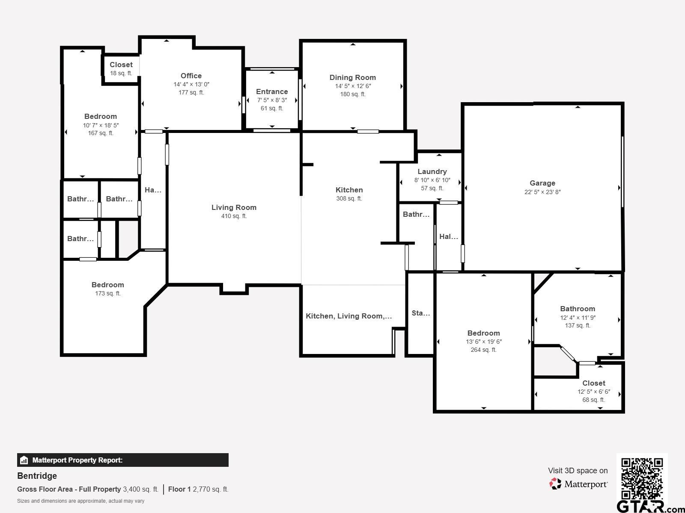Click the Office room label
(191, 76)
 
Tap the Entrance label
(272, 91)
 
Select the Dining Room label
(353, 77)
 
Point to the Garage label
(542, 183)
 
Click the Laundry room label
(432, 171)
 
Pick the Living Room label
(234, 207)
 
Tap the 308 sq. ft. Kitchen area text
(349, 198)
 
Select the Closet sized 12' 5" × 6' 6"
(593, 383)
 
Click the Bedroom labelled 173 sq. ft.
(107, 285)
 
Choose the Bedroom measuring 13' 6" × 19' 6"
(483, 333)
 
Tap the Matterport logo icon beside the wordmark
(555, 484)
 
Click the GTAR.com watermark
(650, 507)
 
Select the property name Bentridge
(37, 476)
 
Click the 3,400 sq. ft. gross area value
(140, 489)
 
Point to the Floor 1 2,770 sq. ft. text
(198, 489)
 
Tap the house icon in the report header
(24, 460)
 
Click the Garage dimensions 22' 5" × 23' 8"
(542, 192)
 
